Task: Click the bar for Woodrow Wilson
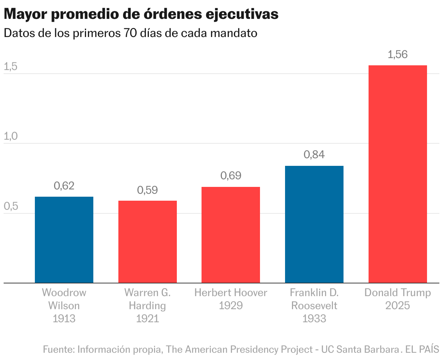tap(64, 240)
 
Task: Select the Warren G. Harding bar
tap(147, 242)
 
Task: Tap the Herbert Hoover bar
tap(231, 235)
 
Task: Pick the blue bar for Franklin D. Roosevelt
tap(314, 224)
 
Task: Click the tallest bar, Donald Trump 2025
tap(398, 174)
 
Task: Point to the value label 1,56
tap(398, 55)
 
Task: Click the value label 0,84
tap(314, 155)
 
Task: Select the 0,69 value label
tap(231, 176)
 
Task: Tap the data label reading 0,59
tap(147, 190)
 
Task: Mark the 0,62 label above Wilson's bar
tap(64, 186)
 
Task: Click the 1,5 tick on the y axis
tap(11, 67)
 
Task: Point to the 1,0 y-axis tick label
tap(11, 136)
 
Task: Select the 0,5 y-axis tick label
tap(11, 206)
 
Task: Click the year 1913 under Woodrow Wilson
tap(64, 319)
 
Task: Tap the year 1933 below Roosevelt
tap(314, 319)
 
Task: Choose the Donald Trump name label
tap(398, 293)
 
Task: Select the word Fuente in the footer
tap(58, 349)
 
